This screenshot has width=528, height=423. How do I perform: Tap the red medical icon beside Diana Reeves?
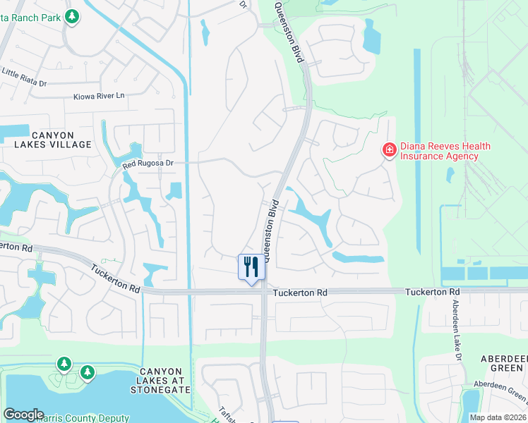point(388,149)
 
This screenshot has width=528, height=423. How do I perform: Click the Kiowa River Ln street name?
point(98,95)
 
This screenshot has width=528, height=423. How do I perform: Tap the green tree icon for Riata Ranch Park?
point(71,16)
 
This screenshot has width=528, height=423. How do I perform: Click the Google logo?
point(23,415)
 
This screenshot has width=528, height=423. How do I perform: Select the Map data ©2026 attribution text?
point(498,417)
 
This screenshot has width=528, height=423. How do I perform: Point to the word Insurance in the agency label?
point(422,156)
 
